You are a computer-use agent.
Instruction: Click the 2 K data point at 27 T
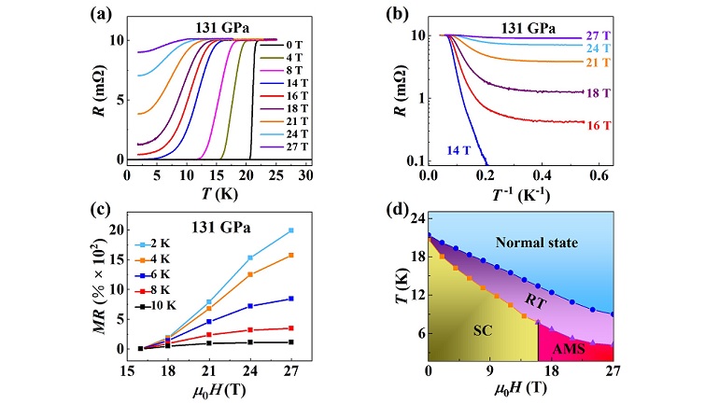[x=291, y=230]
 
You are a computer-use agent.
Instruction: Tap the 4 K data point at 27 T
[x=291, y=255]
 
